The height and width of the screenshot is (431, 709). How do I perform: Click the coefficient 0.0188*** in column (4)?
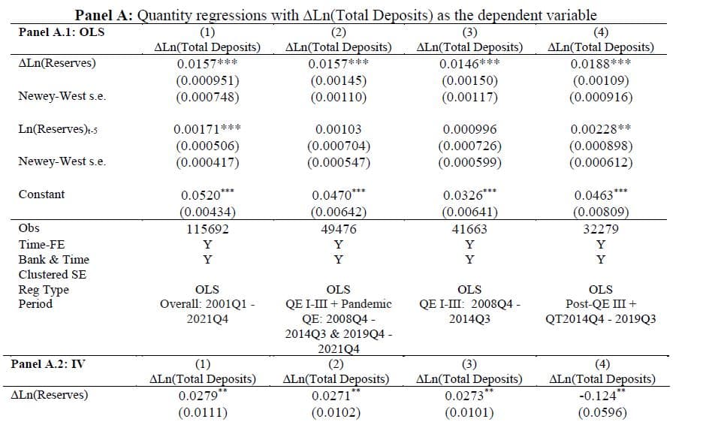pos(601,64)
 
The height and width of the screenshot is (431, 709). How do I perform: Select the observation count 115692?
pos(207,229)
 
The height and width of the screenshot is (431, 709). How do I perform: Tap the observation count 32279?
pos(601,229)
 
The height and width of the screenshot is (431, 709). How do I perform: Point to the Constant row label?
pos(41,194)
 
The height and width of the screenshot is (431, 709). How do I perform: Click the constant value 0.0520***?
pos(207,194)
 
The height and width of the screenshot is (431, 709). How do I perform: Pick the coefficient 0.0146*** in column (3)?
pos(469,64)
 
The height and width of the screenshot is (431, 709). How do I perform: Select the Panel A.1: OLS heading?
pos(62,32)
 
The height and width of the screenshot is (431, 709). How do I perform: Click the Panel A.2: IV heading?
pos(48,364)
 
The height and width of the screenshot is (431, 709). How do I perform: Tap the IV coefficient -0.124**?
pos(602,395)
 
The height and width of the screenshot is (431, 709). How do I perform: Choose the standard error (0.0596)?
pos(602,412)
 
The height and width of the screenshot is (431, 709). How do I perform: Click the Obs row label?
pos(29,228)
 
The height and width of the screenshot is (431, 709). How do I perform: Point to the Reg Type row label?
pos(44,290)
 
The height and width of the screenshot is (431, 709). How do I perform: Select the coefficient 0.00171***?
pos(207,129)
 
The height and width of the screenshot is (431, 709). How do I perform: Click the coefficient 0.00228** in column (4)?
pos(601,129)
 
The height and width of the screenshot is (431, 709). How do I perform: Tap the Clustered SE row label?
pos(53,275)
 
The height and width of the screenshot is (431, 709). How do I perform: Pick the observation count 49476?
pos(339,229)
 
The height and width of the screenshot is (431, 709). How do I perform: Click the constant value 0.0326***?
pos(469,194)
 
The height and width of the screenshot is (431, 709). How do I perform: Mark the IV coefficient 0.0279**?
pos(203,395)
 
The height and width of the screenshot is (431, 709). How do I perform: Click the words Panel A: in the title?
pos(104,15)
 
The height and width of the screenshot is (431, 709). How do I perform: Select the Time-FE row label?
pos(41,245)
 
